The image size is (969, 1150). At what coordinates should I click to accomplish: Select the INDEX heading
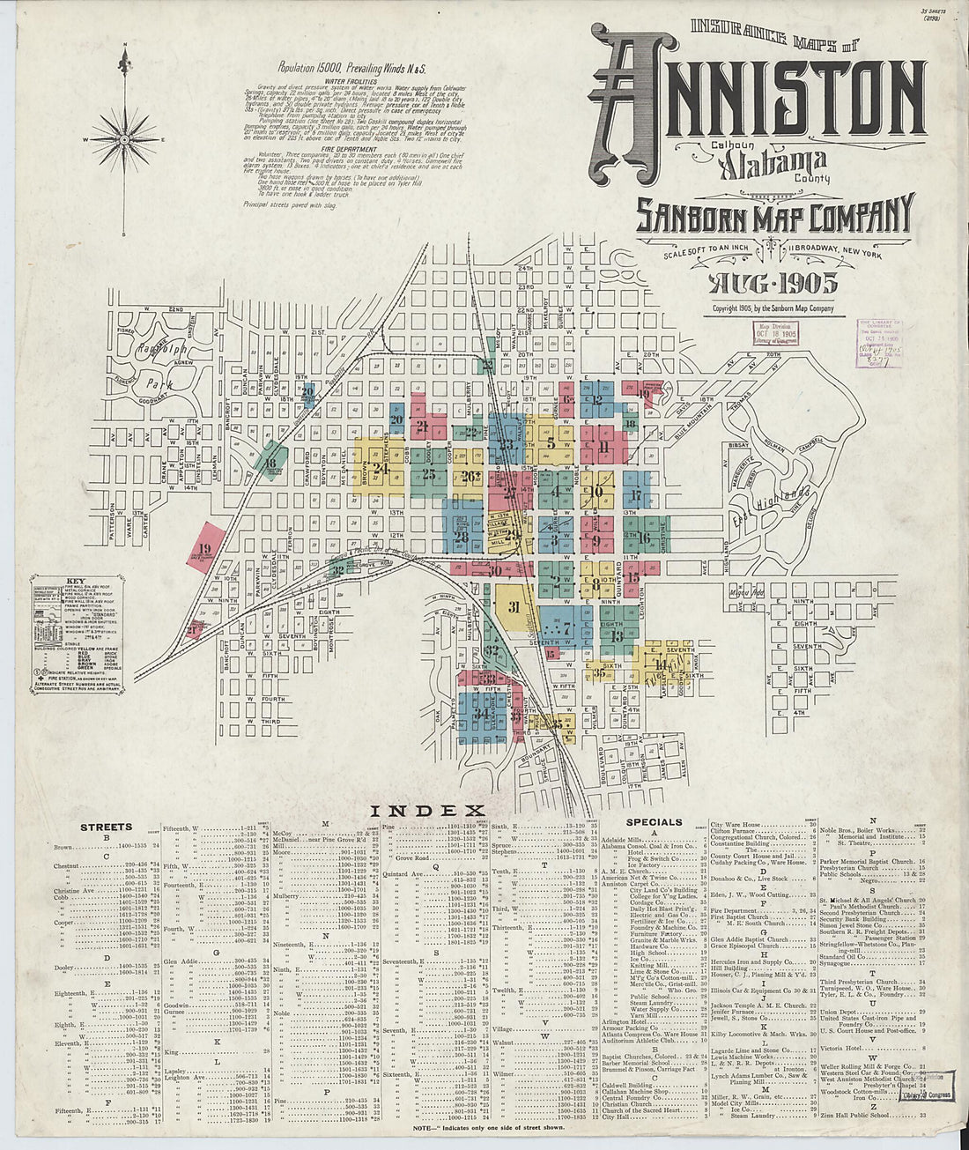(x=427, y=810)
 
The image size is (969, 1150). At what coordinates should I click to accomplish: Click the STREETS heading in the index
(x=106, y=827)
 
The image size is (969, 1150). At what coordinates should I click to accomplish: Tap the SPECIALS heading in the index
(x=655, y=822)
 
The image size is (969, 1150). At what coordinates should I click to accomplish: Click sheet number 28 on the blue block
(x=461, y=536)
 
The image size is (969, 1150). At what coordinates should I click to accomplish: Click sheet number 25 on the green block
(x=429, y=474)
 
